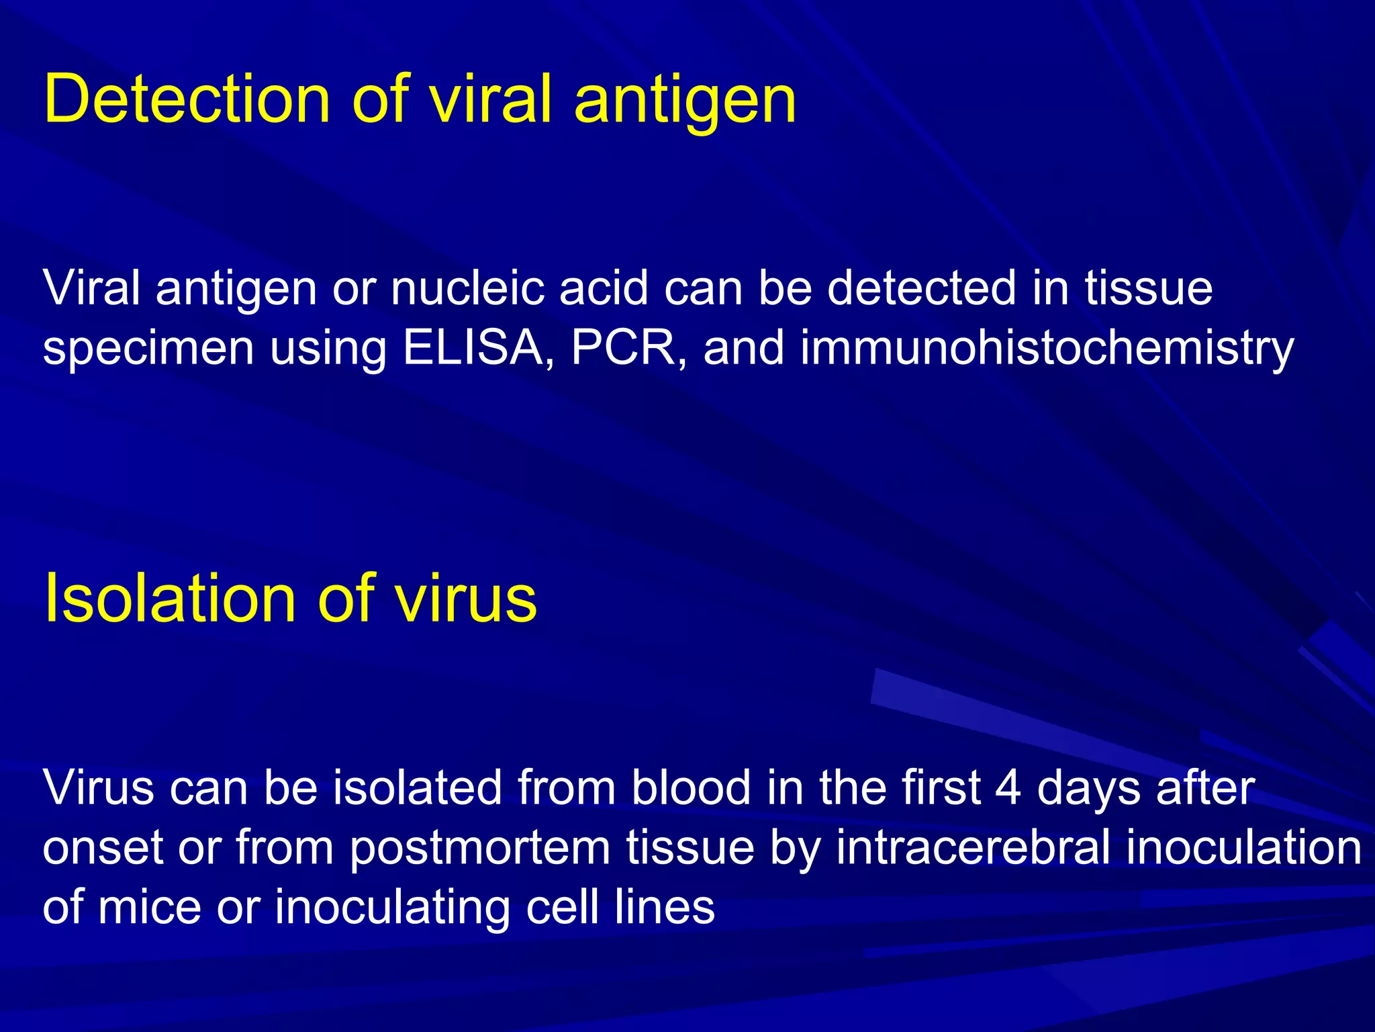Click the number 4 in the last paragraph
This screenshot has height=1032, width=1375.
point(1008,787)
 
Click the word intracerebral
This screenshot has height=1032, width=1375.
point(973,847)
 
